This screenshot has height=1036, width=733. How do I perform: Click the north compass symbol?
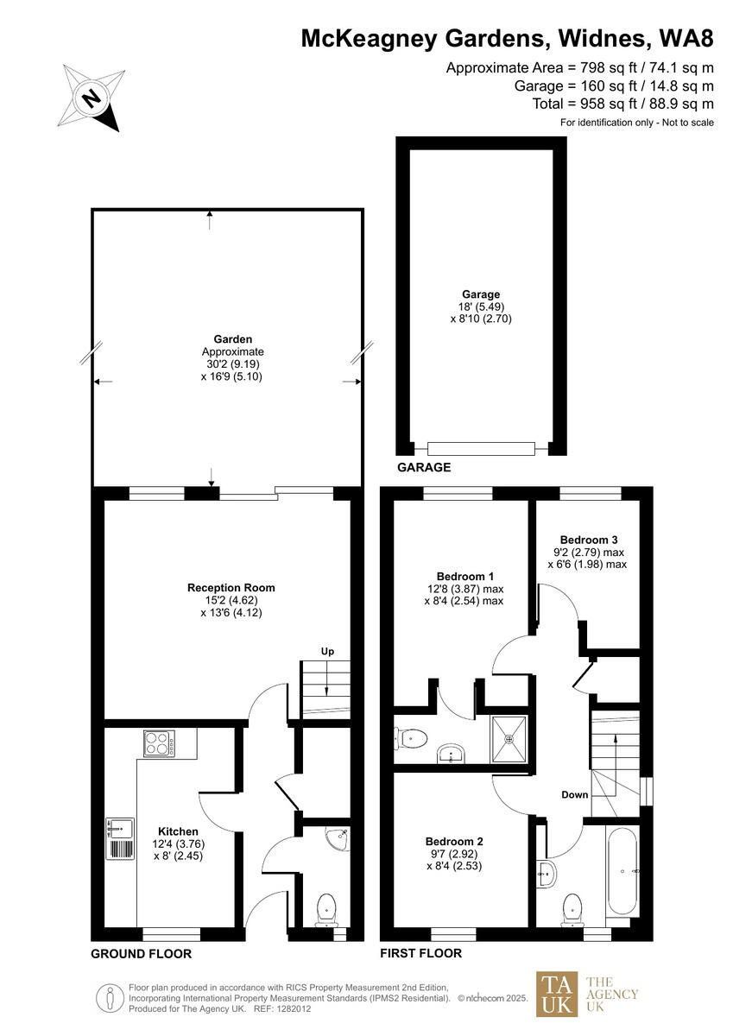pos(89,98)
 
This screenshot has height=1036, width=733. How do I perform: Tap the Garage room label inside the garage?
pos(480,294)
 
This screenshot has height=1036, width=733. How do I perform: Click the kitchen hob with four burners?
pos(159,743)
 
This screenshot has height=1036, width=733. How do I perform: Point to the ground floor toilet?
pos(326,909)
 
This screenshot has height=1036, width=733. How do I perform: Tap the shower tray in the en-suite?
pos(512,738)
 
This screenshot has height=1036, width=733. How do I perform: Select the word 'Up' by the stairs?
pos(327,651)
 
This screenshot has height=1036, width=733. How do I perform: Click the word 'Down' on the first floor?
pos(574,795)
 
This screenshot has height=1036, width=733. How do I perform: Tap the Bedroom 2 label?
pos(453,841)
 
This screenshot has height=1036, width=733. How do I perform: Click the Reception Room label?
pos(231,588)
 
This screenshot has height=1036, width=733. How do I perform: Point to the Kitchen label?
pos(178,831)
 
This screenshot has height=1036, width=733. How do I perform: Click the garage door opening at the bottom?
pos(481,448)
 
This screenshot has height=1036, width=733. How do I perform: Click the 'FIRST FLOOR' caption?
pos(420,953)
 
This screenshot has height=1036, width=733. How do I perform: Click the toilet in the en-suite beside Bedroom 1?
pos(411,738)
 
